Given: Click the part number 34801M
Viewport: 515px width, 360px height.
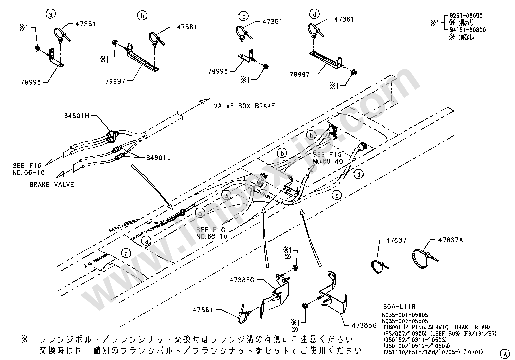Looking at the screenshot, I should [x=76, y=116].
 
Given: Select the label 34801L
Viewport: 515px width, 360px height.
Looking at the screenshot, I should [x=158, y=157].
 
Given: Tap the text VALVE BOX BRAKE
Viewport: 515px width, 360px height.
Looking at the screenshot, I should [x=244, y=106].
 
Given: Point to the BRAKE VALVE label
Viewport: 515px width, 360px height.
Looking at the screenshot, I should [x=52, y=185].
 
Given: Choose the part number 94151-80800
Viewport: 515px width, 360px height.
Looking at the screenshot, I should [x=468, y=30].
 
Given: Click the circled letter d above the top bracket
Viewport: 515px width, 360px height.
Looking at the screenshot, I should [x=315, y=14].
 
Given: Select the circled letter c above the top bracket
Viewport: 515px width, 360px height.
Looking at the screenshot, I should [x=243, y=16].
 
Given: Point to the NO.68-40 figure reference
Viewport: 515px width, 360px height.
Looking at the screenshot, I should [x=328, y=161].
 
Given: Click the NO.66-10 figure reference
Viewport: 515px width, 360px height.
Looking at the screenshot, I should [x=29, y=173].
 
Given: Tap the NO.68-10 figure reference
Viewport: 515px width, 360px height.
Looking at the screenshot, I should [x=212, y=236].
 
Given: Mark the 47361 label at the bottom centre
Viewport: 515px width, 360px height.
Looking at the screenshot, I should [x=203, y=310].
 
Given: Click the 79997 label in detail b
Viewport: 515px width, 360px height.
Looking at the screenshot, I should [x=115, y=81].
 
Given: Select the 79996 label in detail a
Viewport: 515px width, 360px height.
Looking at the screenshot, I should [x=30, y=82].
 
